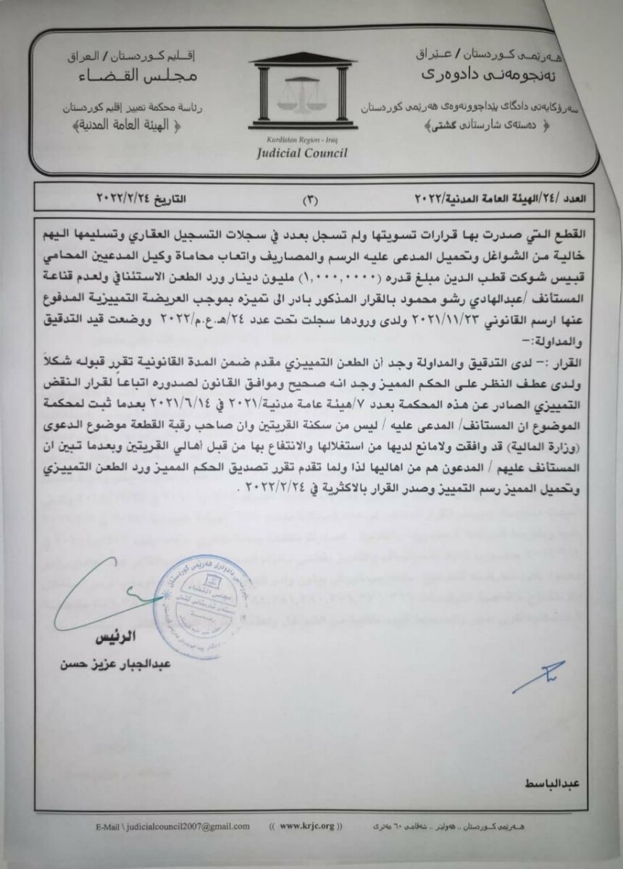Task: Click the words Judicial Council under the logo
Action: point(301,153)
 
